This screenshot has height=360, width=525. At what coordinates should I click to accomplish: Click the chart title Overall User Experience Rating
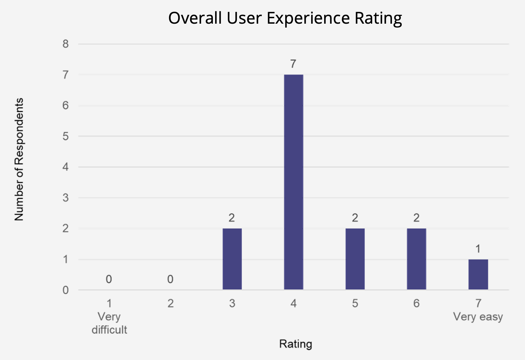(285, 18)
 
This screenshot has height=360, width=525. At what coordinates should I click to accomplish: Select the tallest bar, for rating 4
(293, 182)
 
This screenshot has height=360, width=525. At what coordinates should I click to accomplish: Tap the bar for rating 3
(232, 259)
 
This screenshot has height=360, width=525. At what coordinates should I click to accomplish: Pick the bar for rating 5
(355, 259)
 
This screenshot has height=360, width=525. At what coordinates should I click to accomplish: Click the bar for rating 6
(416, 259)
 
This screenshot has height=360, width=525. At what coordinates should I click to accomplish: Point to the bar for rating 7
(478, 274)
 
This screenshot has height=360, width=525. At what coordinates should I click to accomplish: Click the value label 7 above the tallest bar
(293, 64)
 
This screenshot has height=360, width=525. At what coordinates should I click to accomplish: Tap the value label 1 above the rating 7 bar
(478, 249)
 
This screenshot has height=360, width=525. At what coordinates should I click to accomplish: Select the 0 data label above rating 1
(109, 279)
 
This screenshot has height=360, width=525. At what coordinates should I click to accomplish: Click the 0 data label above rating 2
(170, 279)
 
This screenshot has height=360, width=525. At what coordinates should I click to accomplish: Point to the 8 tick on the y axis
(66, 44)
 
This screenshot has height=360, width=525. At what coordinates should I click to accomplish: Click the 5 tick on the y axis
(66, 136)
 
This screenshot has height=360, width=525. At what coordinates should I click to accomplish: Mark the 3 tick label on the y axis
(66, 198)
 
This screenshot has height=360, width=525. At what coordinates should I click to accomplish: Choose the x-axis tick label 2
(171, 304)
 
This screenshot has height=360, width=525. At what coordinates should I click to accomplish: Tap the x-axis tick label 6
(416, 304)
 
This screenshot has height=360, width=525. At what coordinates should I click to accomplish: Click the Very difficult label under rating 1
(109, 323)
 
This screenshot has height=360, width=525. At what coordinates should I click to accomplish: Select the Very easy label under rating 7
(478, 317)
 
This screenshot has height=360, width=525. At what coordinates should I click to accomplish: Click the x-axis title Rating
(296, 344)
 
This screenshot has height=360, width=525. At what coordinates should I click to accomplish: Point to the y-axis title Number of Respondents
(19, 160)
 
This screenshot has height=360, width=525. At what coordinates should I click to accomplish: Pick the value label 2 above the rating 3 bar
(232, 218)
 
